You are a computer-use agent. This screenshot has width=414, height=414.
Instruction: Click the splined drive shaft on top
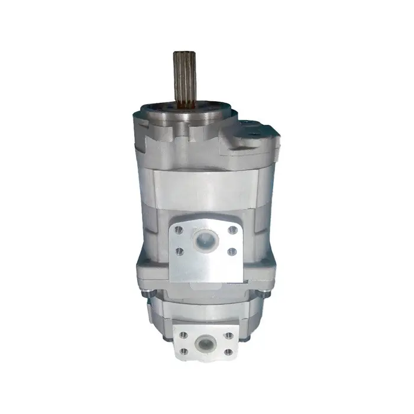pos(185,77)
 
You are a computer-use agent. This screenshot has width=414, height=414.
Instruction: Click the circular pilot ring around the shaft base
pos(185,109)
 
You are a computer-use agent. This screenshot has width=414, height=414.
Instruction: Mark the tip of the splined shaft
pos(185,54)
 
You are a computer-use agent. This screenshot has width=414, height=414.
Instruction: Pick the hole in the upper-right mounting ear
pos(247,124)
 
